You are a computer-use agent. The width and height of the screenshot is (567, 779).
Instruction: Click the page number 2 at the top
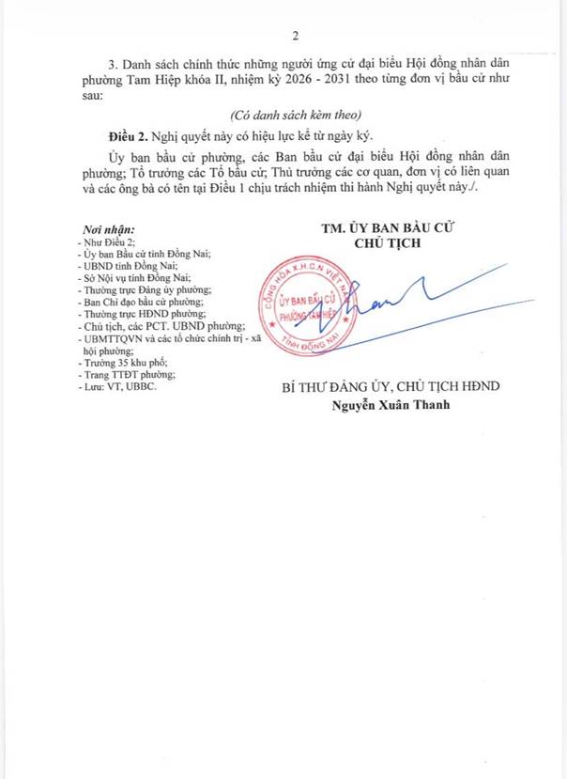(x=295, y=37)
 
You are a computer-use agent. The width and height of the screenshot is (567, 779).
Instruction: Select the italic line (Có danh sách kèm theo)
(x=283, y=113)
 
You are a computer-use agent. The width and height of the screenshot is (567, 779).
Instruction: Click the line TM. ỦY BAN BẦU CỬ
(x=384, y=228)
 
